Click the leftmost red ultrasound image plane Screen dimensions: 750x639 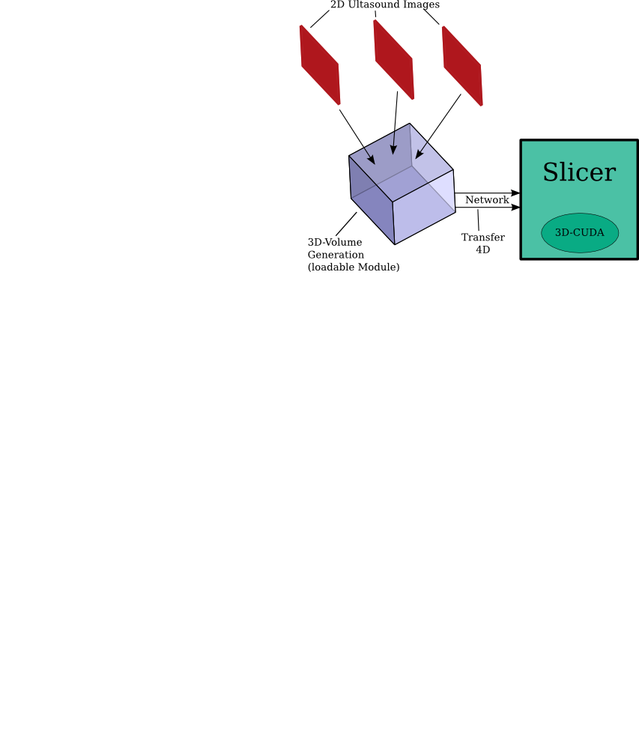pos(320,65)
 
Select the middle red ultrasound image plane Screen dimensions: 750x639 pos(393,59)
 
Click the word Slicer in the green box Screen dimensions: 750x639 pos(578,173)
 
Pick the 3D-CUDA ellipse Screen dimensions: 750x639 pos(580,233)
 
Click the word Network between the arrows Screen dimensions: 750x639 pos(487,201)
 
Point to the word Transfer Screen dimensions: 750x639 pos(482,238)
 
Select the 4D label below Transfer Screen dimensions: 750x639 pos(482,250)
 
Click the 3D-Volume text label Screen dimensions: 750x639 pos(335,243)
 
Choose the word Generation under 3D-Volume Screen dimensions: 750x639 pos(336,255)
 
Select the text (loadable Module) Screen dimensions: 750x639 pos(354,267)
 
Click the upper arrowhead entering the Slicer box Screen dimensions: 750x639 pos(515,193)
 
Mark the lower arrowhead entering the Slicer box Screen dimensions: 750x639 pos(515,208)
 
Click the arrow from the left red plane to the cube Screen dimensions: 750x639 pos(357,136)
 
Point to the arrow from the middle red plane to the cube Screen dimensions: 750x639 pos(395,124)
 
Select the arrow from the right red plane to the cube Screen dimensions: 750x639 pos(438,126)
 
